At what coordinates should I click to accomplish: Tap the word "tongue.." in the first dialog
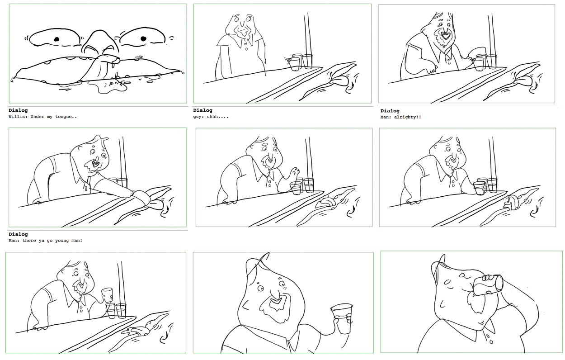[66, 117]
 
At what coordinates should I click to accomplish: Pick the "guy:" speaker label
[198, 117]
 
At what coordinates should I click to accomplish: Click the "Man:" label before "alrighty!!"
[387, 117]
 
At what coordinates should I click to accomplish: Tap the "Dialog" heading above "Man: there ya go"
[18, 234]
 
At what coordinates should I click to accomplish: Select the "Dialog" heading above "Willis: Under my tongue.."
[18, 110]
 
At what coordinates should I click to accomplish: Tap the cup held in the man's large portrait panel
[342, 318]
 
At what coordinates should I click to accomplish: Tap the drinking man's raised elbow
[529, 312]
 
